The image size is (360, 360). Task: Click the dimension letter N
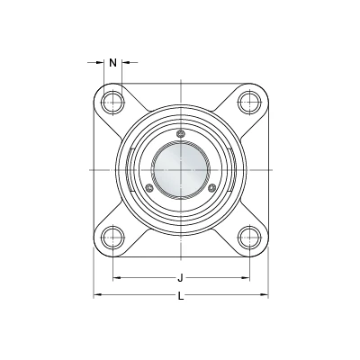click(x=112, y=63)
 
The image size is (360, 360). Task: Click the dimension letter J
click(x=180, y=278)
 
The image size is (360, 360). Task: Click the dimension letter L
click(x=181, y=296)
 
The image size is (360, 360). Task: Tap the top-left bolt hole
click(x=112, y=102)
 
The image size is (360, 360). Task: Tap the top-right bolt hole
click(x=249, y=102)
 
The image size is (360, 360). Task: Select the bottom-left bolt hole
click(x=112, y=238)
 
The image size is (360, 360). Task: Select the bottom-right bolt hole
click(x=249, y=238)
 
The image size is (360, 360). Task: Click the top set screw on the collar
click(x=180, y=134)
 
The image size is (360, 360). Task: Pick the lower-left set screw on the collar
click(x=149, y=188)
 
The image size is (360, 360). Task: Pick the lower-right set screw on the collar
click(x=211, y=188)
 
